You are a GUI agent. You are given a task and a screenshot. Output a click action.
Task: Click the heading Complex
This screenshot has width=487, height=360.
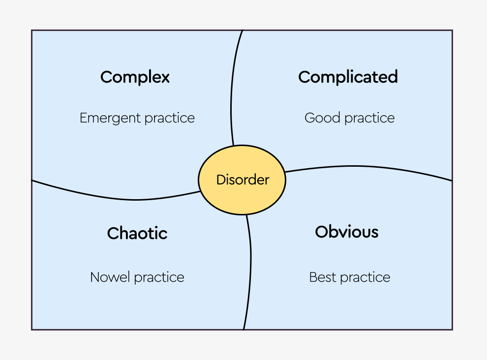click(135, 77)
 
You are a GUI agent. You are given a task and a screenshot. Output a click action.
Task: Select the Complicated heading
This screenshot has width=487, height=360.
click(348, 77)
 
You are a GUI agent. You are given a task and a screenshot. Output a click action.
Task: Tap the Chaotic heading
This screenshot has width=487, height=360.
click(137, 233)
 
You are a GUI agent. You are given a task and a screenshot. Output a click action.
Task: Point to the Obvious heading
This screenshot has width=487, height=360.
click(347, 232)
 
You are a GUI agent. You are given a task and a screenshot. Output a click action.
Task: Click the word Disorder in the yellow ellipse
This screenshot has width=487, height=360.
click(243, 180)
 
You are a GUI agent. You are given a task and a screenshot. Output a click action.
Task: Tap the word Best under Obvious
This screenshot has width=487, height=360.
click(321, 277)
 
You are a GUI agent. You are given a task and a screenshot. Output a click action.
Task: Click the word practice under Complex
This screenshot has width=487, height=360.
click(169, 119)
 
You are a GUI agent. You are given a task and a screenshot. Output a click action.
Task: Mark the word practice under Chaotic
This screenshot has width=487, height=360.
click(159, 277)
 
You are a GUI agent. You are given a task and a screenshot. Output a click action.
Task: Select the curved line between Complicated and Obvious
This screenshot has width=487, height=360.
click(369, 167)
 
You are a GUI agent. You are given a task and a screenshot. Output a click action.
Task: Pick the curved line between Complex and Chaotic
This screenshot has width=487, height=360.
click(123, 199)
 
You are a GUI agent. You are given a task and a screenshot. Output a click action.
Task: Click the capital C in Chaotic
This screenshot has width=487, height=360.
click(113, 233)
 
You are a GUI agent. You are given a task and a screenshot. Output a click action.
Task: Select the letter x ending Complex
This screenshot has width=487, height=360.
click(165, 78)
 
